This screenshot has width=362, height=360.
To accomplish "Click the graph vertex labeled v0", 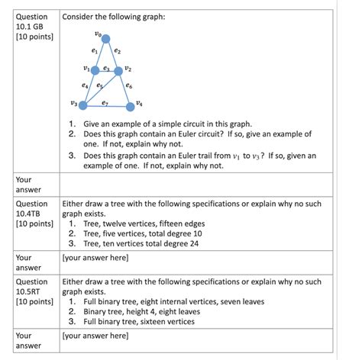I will coord(105,39).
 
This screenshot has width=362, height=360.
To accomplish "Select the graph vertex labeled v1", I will coord(95,70).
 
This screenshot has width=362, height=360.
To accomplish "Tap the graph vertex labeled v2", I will coord(118,70).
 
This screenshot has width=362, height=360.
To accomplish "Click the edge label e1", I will coord(94,51).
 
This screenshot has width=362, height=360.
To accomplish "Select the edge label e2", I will coord(117,51).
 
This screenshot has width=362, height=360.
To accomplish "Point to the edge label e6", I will coord(129,86).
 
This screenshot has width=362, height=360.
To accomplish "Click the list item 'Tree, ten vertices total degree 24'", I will coord(141,244).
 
